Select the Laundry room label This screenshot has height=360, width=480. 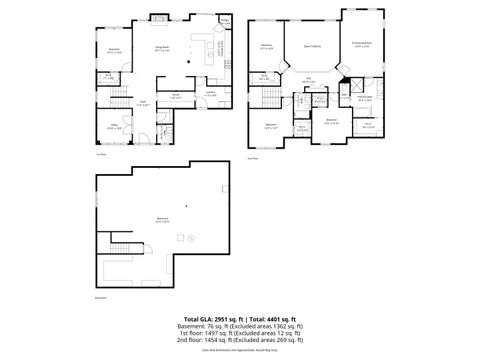pos(211,94)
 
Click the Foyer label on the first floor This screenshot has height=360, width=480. pos(143,103)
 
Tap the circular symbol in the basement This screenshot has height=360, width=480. pos(182,238)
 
